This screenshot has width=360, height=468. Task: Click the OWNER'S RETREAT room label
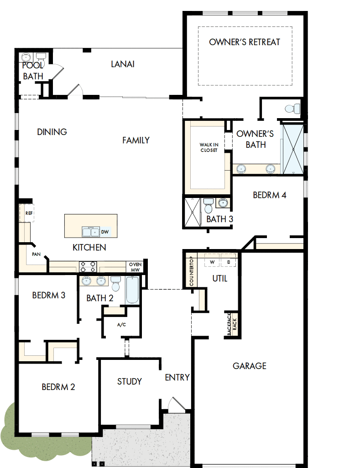point(244,42)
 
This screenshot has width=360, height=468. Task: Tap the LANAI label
point(122,64)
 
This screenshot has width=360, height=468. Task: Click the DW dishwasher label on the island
point(104,232)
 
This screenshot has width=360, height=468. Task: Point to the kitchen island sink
point(90,232)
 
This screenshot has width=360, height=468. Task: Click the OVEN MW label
point(135,267)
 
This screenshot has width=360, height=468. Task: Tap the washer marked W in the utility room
point(212,262)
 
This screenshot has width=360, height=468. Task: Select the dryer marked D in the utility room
point(228,262)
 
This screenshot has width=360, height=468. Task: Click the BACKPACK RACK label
point(232,324)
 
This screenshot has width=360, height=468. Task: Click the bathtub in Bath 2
point(132,290)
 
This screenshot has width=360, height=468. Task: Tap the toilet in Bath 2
point(115,284)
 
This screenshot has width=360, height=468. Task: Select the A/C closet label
point(121,325)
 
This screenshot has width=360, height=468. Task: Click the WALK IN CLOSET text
point(209,147)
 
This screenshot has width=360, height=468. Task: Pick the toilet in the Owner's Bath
point(292,109)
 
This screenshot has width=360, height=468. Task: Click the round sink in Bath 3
point(224,203)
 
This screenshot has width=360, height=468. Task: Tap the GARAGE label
point(249,366)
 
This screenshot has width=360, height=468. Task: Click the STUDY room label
point(129,381)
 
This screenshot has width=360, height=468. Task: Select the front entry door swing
point(176,405)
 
